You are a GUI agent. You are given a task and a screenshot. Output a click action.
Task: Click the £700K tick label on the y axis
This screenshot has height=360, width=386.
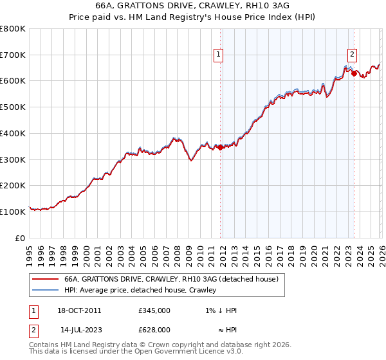click(x=13, y=55)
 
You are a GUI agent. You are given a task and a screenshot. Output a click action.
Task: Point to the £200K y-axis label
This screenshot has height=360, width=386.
click(x=13, y=185)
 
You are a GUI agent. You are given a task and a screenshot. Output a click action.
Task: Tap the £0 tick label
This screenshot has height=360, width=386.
click(x=20, y=238)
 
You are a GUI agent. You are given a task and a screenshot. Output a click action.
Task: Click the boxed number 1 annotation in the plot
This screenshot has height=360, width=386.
click(x=219, y=55)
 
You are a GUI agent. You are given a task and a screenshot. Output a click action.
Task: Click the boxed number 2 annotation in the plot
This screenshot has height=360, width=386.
click(x=353, y=55)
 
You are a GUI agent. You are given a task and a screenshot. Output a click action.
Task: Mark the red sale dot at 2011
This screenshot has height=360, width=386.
click(x=220, y=147)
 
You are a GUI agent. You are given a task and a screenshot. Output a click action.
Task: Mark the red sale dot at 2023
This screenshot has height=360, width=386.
click(x=354, y=73)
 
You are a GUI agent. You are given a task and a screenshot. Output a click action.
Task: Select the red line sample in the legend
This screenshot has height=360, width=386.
click(x=44, y=279)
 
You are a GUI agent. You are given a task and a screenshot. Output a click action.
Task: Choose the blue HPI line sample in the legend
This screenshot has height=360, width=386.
click(x=44, y=290)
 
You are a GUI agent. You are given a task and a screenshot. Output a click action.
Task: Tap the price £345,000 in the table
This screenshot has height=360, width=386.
click(x=154, y=310)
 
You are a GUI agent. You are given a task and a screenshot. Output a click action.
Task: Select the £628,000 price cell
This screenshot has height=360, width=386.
click(x=154, y=330)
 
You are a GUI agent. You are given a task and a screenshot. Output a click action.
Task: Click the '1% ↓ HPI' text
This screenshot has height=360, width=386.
click(x=219, y=310)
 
